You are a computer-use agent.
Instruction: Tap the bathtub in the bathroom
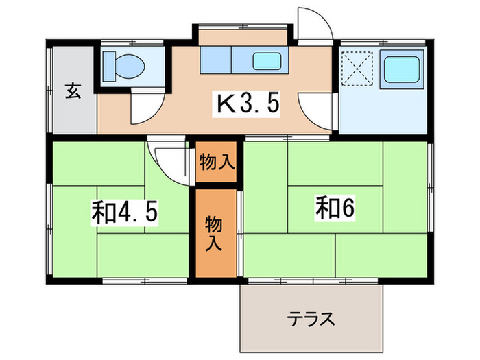403,69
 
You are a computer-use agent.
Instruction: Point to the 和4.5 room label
125,213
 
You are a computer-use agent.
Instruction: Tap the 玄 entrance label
73,91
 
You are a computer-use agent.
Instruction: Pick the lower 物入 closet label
215,232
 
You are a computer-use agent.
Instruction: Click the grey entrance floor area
73,110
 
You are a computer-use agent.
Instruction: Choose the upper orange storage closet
217,163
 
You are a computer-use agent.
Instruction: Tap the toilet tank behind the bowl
108,67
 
